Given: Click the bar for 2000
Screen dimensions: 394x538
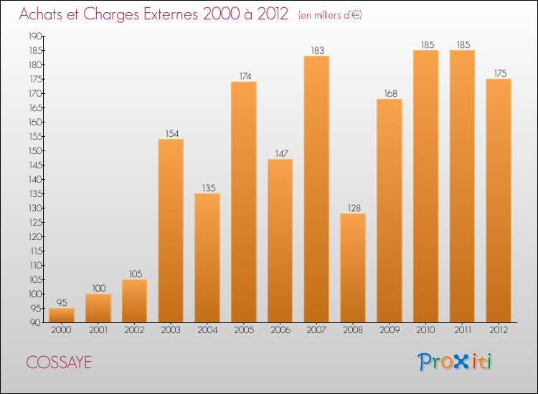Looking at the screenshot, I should pyautogui.click(x=61, y=315).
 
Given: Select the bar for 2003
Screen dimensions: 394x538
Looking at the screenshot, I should pyautogui.click(x=171, y=231).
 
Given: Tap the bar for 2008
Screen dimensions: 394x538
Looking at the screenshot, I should pyautogui.click(x=353, y=268).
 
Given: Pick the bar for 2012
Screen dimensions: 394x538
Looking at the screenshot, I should pyautogui.click(x=499, y=201).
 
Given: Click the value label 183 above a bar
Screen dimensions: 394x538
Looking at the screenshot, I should pyautogui.click(x=316, y=50).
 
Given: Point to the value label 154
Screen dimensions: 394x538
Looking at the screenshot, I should pyautogui.click(x=171, y=133).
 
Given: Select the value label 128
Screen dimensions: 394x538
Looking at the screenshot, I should pyautogui.click(x=353, y=208).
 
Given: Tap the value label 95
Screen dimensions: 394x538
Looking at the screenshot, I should pyautogui.click(x=61, y=302).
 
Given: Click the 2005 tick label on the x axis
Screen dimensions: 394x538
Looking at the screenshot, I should pyautogui.click(x=243, y=330).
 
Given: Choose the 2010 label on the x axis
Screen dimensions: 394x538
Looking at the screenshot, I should pyautogui.click(x=425, y=330).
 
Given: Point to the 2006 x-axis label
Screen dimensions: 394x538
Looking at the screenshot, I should pyautogui.click(x=280, y=330).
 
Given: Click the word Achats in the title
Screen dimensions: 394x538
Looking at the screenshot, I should pyautogui.click(x=40, y=14).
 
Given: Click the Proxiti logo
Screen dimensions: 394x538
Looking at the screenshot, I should pyautogui.click(x=456, y=362).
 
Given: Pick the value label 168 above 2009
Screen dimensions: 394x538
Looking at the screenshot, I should pyautogui.click(x=390, y=93).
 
